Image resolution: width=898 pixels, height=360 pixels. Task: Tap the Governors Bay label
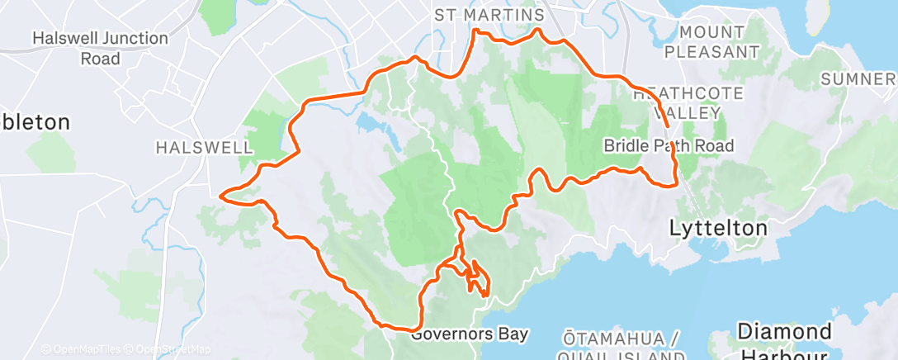click(x=469, y=334)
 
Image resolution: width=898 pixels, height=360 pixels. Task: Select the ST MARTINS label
click(x=489, y=16)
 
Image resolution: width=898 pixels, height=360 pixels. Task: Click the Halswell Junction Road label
click(x=100, y=49)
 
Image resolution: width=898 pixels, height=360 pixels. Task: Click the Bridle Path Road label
click(x=669, y=146)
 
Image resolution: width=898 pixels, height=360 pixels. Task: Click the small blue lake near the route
click(x=368, y=125)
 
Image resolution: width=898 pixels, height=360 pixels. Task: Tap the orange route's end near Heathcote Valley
click(x=667, y=126)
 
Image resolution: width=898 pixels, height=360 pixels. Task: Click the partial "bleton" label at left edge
click(x=35, y=122)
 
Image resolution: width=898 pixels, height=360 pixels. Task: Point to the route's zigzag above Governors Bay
click(x=476, y=277)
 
